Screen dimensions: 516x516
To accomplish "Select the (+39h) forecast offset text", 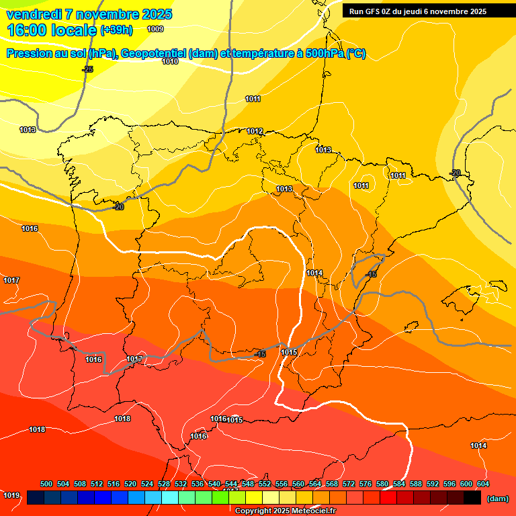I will click(x=116, y=30).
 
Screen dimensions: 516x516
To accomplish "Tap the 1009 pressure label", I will click(x=155, y=29).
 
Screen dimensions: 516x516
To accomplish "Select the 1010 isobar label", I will click(x=170, y=61).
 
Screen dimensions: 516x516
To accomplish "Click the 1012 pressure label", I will click(x=255, y=131).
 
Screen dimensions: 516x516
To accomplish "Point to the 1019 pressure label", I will click(x=11, y=495).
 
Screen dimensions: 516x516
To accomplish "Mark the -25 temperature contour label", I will click(x=88, y=69).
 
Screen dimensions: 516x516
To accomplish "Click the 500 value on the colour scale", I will click(x=46, y=484).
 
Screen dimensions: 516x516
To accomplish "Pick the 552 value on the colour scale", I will click(x=265, y=484).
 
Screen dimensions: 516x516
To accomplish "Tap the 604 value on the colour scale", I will click(x=483, y=484).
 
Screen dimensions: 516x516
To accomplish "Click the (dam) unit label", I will click(x=497, y=498).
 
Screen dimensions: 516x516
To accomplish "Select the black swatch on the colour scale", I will click(x=472, y=497).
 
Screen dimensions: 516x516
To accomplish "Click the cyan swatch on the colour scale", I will click(x=170, y=497).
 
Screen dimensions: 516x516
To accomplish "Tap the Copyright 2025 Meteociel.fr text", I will click(x=284, y=511).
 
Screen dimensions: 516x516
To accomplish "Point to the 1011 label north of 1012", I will click(x=253, y=99).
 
